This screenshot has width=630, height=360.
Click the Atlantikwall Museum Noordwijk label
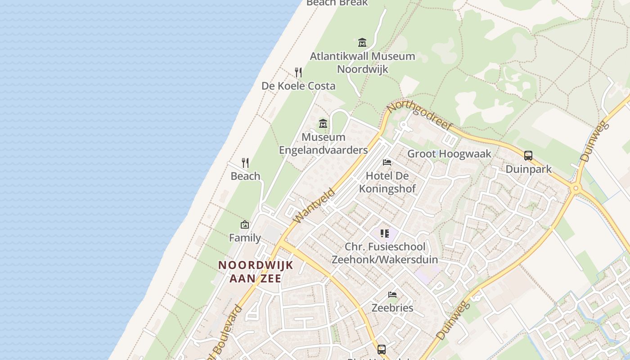(362, 63)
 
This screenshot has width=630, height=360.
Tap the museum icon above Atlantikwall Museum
(362, 43)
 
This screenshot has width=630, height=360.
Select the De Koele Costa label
(298, 85)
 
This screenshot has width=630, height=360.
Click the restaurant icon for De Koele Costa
(298, 72)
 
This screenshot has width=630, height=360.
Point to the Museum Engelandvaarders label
(323, 144)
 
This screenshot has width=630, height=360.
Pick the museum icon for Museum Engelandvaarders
(323, 123)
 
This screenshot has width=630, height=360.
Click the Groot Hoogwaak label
(449, 153)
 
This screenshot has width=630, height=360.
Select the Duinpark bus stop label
(528, 169)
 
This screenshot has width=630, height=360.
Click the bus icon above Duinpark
(528, 156)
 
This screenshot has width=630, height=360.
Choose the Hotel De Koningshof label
(387, 182)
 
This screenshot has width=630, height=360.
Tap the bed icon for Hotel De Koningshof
(387, 162)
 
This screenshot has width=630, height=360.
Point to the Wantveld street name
(314, 206)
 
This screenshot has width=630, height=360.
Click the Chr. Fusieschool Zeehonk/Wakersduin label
(385, 253)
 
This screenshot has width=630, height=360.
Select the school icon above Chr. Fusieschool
(384, 233)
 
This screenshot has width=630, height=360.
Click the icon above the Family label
(245, 224)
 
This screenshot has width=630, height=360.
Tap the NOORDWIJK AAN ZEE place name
(256, 272)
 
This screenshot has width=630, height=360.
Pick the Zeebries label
(392, 308)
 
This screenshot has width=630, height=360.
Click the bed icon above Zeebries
(392, 295)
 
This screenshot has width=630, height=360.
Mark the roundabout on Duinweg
(576, 188)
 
